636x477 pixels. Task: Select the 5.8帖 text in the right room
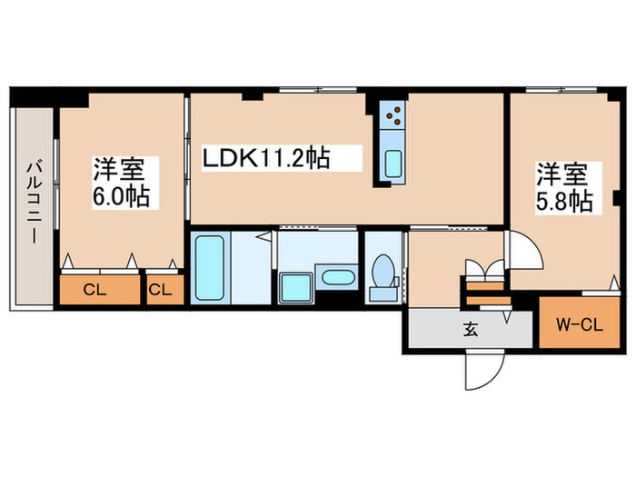coord(565,199)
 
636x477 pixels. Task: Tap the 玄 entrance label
coord(471,329)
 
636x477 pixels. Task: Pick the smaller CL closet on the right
coord(162,290)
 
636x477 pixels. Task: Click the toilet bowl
coord(384,269)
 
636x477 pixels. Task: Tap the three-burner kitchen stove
coord(393,114)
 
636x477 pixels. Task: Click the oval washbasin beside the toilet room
coord(340,278)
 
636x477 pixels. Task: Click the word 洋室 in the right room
coord(561,173)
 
